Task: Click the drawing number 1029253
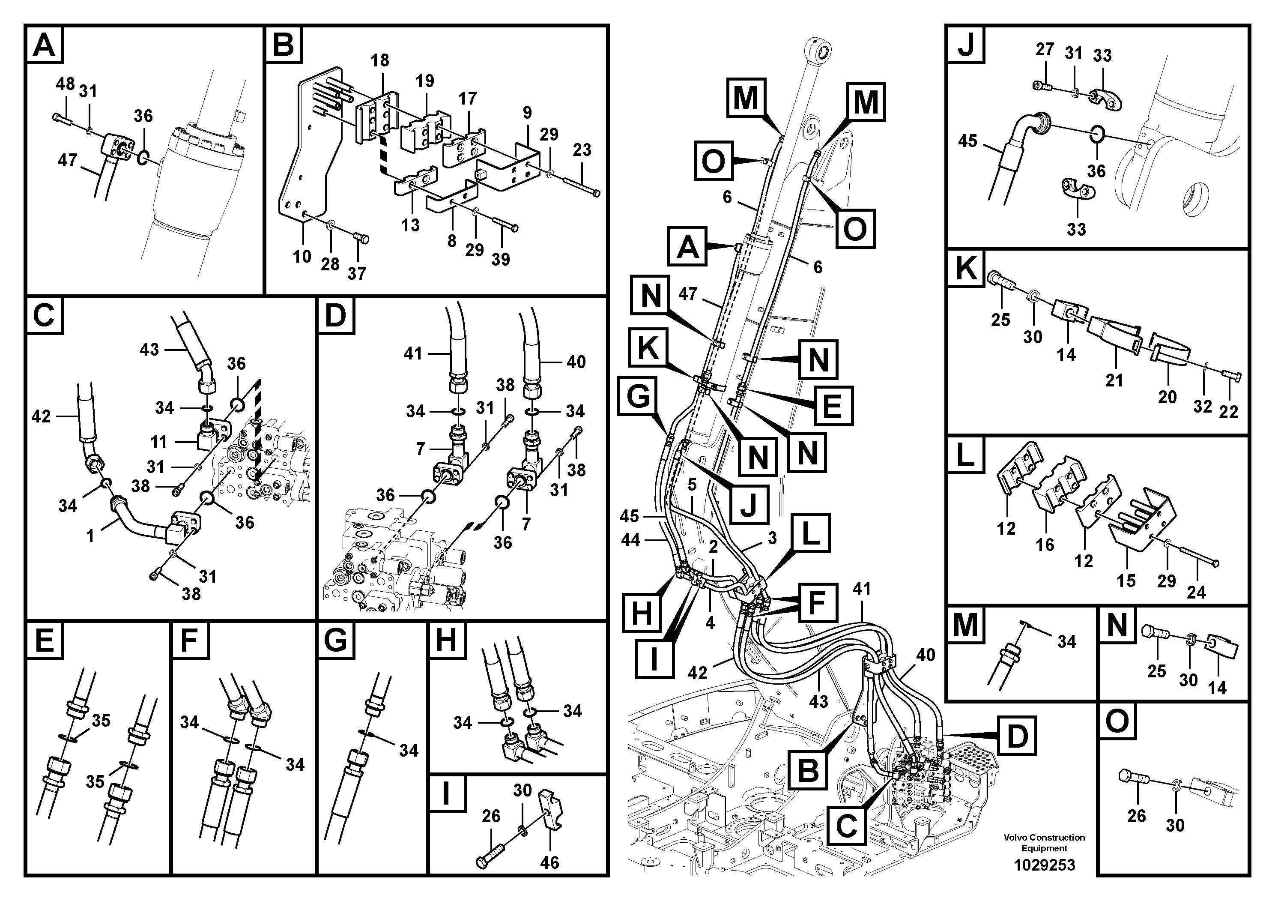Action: [1044, 865]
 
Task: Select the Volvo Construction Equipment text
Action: [1044, 843]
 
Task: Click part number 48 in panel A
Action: [65, 84]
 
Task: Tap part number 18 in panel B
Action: [380, 60]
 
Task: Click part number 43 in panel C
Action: [149, 350]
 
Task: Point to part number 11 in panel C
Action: [158, 442]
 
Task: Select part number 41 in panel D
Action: [413, 353]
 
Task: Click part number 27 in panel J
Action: [1045, 49]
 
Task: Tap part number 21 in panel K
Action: [1114, 380]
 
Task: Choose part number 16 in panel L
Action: [1045, 545]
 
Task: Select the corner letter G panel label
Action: [336, 641]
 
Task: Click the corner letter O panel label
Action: [1117, 721]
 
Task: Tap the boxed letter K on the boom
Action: [648, 348]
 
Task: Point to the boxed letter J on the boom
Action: [749, 504]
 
